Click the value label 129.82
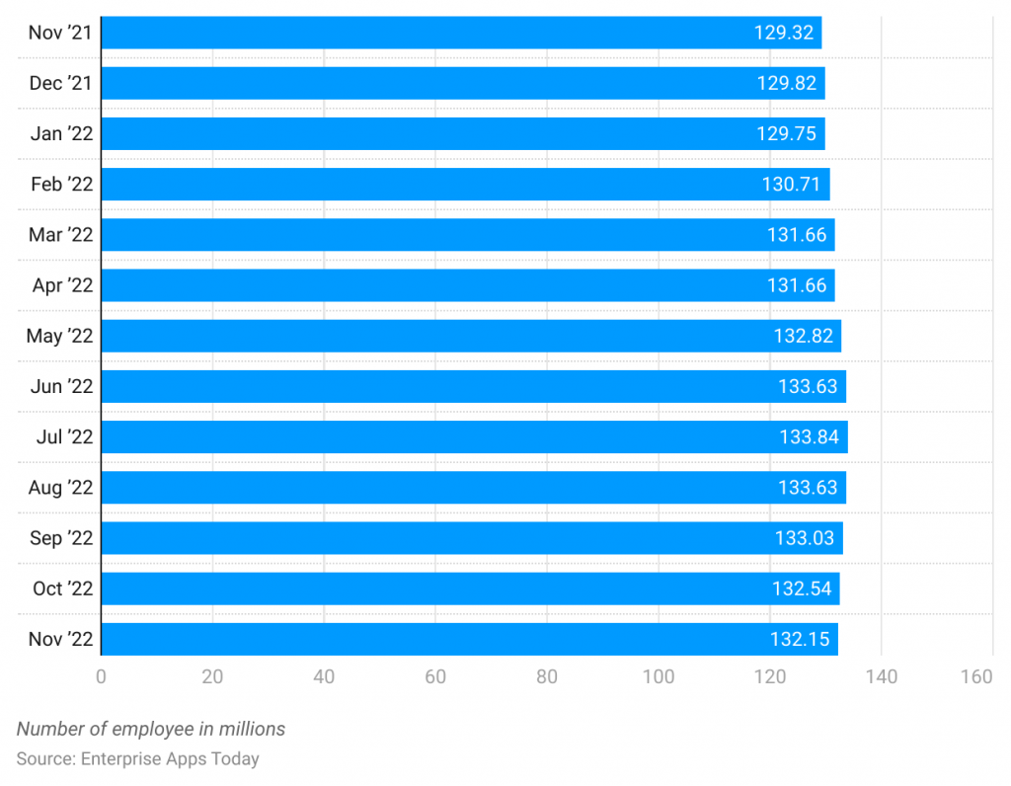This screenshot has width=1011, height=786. coord(787,83)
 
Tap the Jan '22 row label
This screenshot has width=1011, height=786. coord(61,133)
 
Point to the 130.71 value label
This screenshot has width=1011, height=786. coord(792,184)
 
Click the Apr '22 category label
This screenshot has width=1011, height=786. coord(61,285)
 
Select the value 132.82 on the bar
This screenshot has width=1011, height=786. coord(803,336)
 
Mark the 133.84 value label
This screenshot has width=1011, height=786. coord(809,436)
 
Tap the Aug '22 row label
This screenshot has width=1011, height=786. coord(61,488)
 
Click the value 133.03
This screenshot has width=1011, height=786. coord(804,538)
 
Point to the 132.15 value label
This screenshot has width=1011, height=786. coord(800,639)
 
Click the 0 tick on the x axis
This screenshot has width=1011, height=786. coord(101,676)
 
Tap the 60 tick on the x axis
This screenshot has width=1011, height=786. coord(435,676)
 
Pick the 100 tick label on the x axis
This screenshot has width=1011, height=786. coord(659,676)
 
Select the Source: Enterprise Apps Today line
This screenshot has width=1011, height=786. coord(137,759)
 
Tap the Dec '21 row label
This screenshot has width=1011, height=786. coord(60,83)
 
